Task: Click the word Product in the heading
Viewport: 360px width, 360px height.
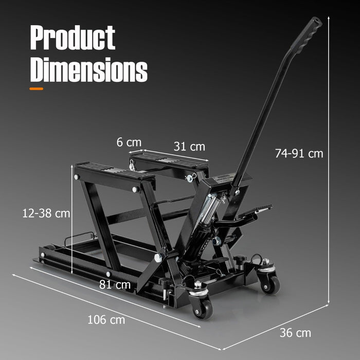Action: tap(73, 38)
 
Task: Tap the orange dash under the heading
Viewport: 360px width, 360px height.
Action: tap(37, 88)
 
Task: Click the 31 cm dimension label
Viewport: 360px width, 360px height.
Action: tap(189, 147)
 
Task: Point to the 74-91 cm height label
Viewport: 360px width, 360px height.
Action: tap(299, 153)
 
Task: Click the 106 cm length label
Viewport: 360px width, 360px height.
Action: tap(106, 319)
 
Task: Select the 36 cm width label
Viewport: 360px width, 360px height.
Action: tap(295, 333)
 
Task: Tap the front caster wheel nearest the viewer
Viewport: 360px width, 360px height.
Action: tap(202, 307)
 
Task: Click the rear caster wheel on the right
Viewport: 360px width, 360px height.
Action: tap(271, 282)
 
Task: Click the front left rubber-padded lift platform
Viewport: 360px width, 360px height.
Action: tap(113, 172)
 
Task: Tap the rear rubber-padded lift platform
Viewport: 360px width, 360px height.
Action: tap(170, 161)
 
